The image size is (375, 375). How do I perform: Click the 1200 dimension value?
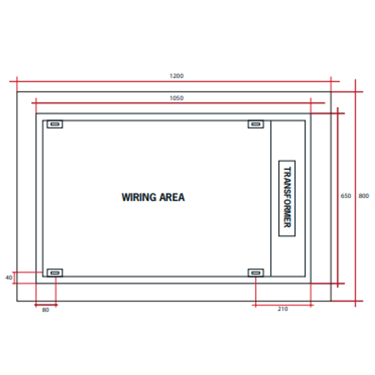[x=176, y=76]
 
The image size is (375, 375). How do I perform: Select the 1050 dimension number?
[x=176, y=98]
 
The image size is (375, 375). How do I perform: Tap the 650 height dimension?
[x=346, y=196]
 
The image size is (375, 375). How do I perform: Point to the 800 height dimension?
[x=364, y=196]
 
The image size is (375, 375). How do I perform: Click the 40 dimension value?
[x=9, y=278]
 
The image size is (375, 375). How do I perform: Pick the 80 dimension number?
[x=45, y=310]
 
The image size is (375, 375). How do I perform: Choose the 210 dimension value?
[x=283, y=309]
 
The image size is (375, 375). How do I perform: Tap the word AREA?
[x=172, y=197]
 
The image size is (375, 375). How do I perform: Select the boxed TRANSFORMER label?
[x=287, y=198]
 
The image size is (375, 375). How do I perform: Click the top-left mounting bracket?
[x=55, y=124]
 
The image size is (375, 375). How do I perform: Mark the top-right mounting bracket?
[x=256, y=124]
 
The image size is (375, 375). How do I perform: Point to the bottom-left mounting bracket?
[x=55, y=273]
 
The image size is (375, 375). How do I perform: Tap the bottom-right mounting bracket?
[x=256, y=273]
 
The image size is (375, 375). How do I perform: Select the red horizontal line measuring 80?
[x=46, y=305]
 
